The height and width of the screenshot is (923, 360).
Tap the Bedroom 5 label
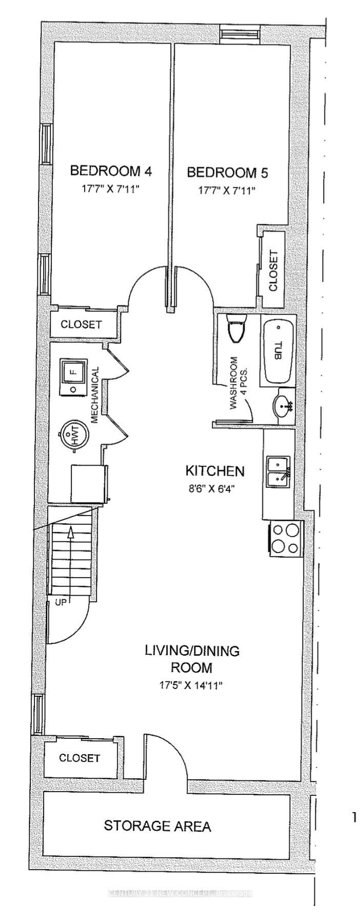[x=227, y=172]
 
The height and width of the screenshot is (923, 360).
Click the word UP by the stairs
[x=61, y=603]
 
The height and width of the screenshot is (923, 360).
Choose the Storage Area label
[x=157, y=826]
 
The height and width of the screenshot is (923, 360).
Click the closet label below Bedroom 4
[x=81, y=325]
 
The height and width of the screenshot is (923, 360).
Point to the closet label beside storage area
[x=79, y=758]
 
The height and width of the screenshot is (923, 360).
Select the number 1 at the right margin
[x=354, y=817]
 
